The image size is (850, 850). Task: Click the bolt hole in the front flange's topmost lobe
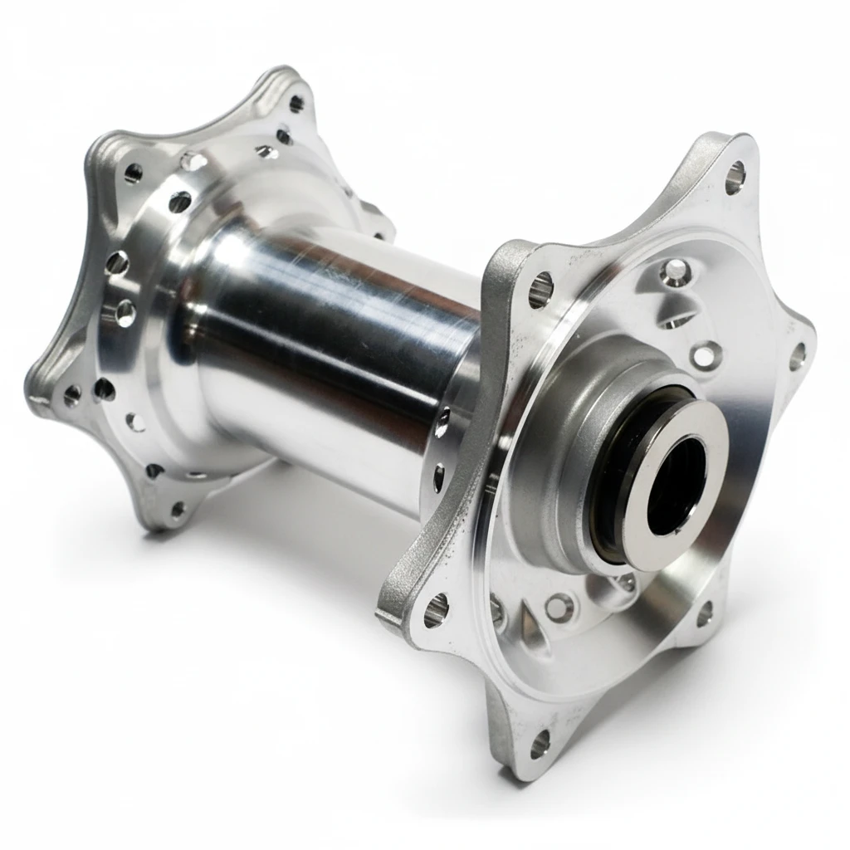[x=735, y=177]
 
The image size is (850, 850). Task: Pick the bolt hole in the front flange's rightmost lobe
[x=797, y=357]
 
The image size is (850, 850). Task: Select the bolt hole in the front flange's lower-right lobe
[x=704, y=613]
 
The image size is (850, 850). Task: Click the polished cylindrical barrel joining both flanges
[x=332, y=332]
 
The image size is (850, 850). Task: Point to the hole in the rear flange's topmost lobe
[x=296, y=104]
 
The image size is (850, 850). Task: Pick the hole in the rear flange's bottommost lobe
[x=176, y=509]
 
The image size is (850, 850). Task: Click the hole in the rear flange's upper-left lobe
[x=133, y=173]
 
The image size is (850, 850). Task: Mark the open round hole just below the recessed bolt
[x=705, y=355]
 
